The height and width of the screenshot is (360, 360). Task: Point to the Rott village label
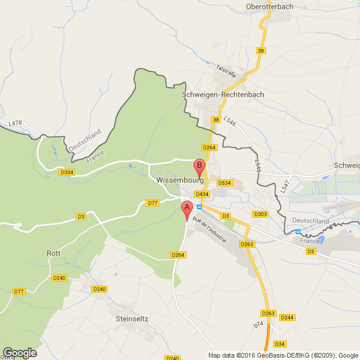coord(54,253)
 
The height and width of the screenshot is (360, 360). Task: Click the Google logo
coord(19,352)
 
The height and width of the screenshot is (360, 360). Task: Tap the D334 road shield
coord(67,172)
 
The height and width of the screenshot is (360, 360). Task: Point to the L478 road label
coord(15,123)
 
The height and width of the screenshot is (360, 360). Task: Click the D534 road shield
coord(224,183)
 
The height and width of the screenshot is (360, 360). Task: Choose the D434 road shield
coord(202,194)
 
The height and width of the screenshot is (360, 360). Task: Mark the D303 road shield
coord(260,214)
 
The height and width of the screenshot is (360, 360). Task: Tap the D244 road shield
coord(287,318)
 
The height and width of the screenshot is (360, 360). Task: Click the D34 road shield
coord(280,344)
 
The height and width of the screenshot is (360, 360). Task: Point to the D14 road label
coord(258,326)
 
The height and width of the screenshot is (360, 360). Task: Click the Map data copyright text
coord(283,355)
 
